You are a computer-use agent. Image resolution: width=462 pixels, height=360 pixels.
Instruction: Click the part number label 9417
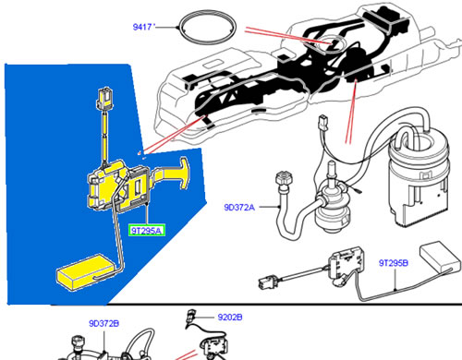(x=142, y=27)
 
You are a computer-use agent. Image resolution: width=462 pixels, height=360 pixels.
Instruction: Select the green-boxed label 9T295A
(x=147, y=231)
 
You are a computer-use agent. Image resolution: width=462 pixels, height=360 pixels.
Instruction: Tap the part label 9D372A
(x=239, y=208)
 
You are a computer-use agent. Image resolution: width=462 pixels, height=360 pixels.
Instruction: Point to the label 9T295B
(x=394, y=263)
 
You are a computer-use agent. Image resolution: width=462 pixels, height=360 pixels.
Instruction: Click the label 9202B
(x=230, y=317)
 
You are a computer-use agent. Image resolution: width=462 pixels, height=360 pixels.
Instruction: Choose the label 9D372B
(x=104, y=324)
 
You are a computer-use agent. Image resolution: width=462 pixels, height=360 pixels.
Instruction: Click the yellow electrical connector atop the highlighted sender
(x=104, y=99)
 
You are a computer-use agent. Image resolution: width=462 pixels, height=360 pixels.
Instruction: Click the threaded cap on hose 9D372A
(x=284, y=178)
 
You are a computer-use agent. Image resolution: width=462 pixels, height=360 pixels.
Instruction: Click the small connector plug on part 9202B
(x=191, y=316)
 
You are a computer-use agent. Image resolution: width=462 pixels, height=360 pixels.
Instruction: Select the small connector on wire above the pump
(x=323, y=122)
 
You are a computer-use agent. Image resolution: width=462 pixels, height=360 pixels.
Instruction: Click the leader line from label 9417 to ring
(x=167, y=27)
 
